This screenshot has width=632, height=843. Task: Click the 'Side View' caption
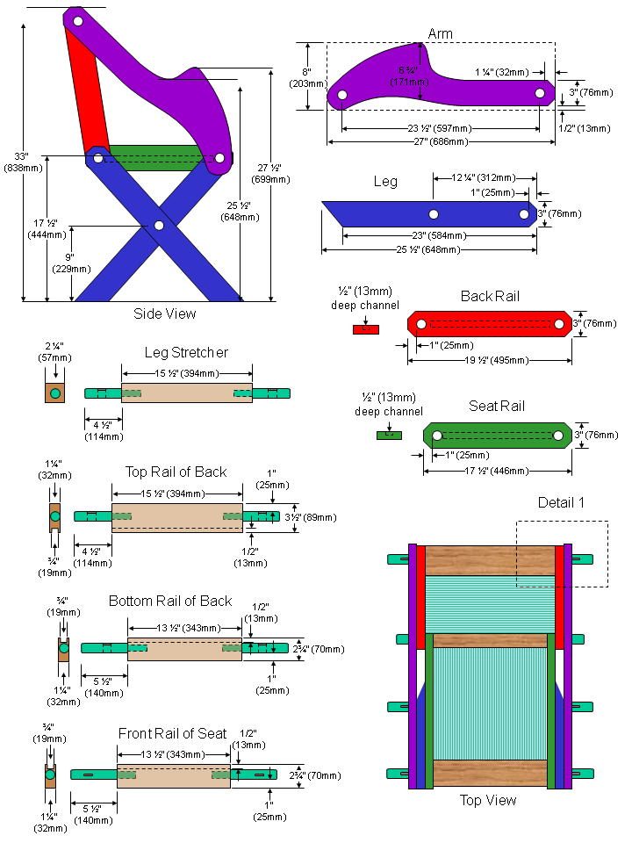[x=165, y=313]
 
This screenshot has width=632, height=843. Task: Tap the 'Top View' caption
[x=488, y=800]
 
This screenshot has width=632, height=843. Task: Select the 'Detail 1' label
[x=561, y=502]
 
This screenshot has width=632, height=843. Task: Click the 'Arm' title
[x=441, y=33]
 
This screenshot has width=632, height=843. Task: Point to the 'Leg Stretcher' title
[x=186, y=352]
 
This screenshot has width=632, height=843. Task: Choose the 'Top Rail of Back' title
[x=176, y=472]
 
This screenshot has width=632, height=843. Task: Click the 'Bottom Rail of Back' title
[x=170, y=601]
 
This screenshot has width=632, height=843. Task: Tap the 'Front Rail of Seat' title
[x=172, y=733]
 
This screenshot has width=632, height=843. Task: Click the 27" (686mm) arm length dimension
[x=442, y=141]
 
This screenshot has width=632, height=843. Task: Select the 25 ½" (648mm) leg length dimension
[x=428, y=249]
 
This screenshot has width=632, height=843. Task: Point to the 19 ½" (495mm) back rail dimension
[x=489, y=360]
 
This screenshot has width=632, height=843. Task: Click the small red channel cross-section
[x=364, y=329]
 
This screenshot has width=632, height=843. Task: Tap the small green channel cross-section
[x=388, y=434]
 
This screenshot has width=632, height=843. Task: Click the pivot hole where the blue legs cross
[x=159, y=226]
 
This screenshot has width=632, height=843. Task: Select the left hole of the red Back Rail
[x=421, y=325]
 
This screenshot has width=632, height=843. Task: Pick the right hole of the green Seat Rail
[x=557, y=435]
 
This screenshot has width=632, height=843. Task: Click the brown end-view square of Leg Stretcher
[x=55, y=393]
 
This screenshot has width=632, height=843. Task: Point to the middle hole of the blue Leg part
[x=434, y=213]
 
